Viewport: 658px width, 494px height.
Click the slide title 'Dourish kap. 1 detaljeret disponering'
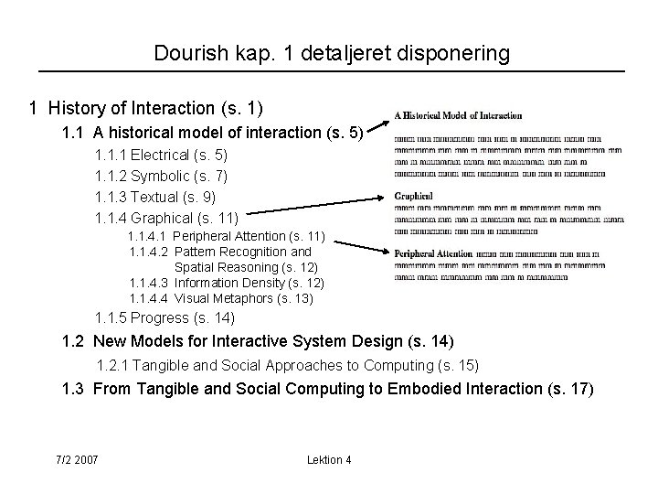click(x=332, y=54)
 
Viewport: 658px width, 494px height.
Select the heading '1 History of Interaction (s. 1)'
click(x=146, y=109)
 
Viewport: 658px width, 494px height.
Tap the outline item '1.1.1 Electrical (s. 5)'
click(x=162, y=156)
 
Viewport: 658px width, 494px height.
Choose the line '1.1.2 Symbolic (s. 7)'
click(x=162, y=176)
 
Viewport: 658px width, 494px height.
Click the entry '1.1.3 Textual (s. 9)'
click(x=155, y=197)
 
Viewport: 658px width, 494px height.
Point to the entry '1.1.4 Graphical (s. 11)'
click(x=167, y=218)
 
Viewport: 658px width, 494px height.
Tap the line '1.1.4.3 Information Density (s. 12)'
click(x=227, y=283)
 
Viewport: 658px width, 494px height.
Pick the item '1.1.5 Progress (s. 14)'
click(x=164, y=318)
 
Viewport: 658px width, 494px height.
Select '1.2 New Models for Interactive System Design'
click(x=257, y=342)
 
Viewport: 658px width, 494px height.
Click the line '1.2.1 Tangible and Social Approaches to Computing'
click(x=288, y=366)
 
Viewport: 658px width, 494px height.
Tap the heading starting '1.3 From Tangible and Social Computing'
click(x=327, y=389)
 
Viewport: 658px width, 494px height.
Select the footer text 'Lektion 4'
click(x=330, y=459)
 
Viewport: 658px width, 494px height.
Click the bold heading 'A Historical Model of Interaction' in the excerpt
click(x=458, y=116)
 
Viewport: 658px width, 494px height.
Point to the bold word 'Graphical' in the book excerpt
click(x=413, y=196)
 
